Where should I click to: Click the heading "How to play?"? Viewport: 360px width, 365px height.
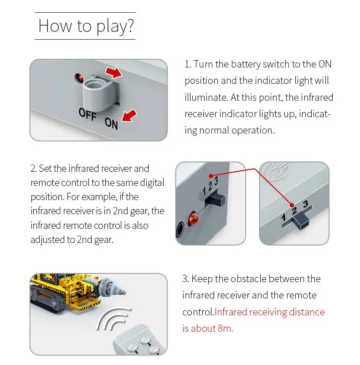coord(85,26)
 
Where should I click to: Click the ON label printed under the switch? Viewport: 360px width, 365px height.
coord(112,122)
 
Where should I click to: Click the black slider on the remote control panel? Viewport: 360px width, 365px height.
coord(300,221)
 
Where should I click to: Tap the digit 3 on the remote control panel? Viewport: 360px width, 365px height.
coord(305,204)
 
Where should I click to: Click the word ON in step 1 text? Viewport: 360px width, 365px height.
coord(324,64)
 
